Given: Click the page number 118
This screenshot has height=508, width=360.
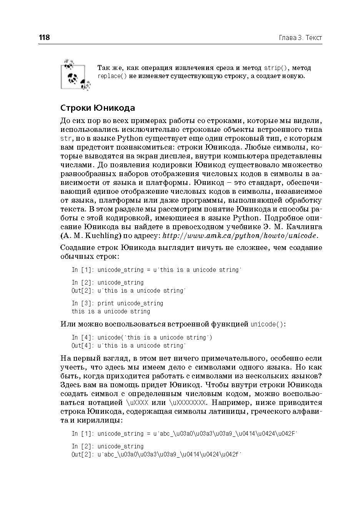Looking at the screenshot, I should click(x=44, y=38).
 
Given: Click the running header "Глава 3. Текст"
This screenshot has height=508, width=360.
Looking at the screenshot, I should click(x=300, y=38).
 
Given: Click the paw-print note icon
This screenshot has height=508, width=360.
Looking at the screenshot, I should click(x=75, y=75).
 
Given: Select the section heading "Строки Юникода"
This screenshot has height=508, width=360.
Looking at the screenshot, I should click(x=98, y=108).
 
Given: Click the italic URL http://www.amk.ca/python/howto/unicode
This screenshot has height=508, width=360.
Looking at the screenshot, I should click(x=240, y=236).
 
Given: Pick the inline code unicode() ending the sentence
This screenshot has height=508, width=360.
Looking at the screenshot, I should click(x=268, y=324).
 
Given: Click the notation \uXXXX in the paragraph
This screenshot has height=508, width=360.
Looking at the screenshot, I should click(x=137, y=403).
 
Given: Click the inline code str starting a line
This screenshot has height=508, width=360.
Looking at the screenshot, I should click(x=65, y=138).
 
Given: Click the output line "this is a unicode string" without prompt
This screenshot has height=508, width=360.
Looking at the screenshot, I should click(x=111, y=311).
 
